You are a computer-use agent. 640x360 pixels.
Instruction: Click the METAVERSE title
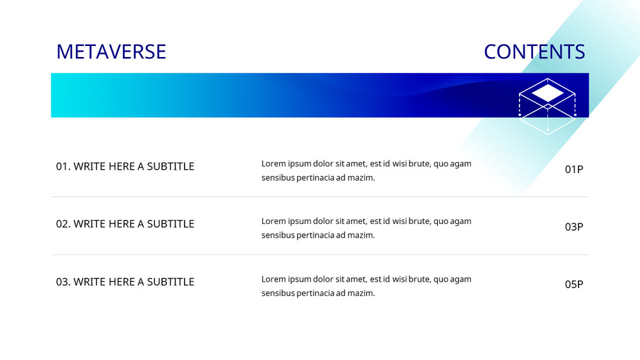111,52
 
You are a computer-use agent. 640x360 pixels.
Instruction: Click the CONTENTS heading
534,52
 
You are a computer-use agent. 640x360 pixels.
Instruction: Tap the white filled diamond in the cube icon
547,94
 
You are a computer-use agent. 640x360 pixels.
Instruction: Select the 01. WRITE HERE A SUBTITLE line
125,166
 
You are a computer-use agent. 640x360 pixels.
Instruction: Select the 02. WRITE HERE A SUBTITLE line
125,224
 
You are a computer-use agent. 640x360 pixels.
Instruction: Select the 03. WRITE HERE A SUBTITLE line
125,282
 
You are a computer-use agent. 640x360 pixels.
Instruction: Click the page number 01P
574,170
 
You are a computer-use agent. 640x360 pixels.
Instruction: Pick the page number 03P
574,227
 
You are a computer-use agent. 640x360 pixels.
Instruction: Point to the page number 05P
574,284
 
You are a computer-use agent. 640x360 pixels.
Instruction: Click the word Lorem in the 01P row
273,164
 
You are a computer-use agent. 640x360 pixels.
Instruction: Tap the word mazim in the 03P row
361,236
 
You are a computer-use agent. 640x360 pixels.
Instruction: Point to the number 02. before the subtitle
63,224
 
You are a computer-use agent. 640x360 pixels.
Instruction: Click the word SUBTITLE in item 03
170,282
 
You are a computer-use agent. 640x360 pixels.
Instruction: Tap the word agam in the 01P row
461,164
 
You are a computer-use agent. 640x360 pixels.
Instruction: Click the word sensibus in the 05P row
278,293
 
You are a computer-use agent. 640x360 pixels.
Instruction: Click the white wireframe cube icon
547,106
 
